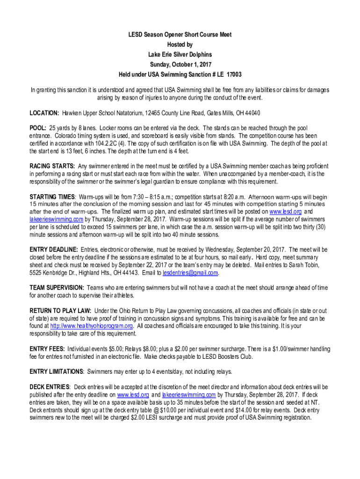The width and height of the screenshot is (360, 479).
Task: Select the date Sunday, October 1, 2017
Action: click(x=180, y=65)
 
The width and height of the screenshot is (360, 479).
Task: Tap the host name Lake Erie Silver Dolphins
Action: click(x=180, y=55)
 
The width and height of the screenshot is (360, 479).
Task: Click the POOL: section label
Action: click(x=38, y=128)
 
